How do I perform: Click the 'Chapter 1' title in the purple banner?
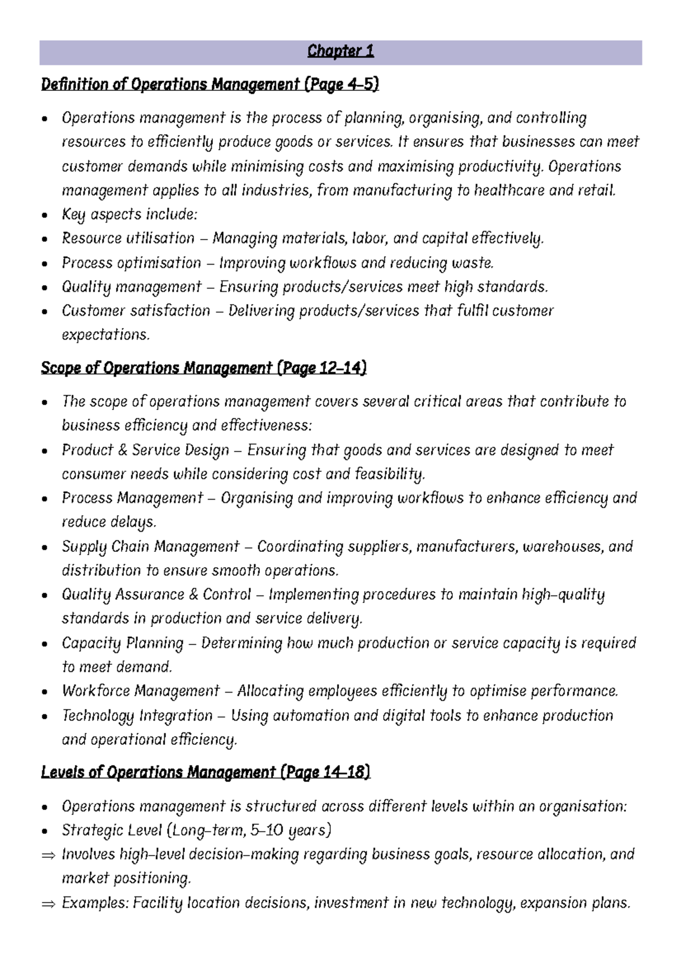click(340, 52)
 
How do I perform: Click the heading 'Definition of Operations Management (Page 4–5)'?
click(209, 85)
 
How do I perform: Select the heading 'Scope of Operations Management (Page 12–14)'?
click(203, 368)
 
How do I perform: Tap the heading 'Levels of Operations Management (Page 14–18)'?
click(205, 773)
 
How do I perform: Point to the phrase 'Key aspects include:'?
click(129, 215)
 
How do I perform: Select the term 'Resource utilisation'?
click(128, 238)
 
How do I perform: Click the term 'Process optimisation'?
click(131, 263)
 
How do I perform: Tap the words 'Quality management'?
click(131, 287)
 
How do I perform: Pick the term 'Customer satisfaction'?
click(136, 311)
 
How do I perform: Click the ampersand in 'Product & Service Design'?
click(123, 450)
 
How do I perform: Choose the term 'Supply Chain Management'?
click(150, 547)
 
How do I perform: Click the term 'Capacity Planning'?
click(123, 643)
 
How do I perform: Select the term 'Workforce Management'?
click(140, 691)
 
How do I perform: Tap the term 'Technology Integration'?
click(137, 716)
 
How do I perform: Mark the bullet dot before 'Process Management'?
click(45, 499)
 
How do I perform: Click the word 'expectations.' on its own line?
click(106, 335)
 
